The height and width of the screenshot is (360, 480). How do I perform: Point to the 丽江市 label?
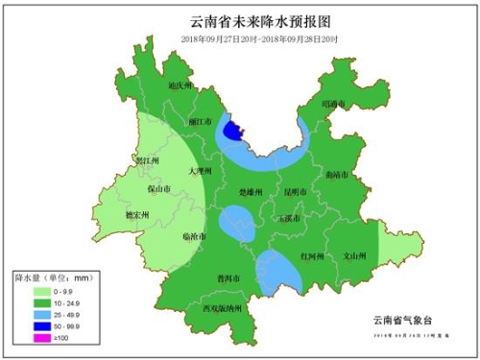click(x=201, y=123)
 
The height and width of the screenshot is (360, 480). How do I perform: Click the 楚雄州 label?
click(x=250, y=193)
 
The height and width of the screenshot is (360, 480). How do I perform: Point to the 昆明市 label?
click(x=295, y=192)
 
